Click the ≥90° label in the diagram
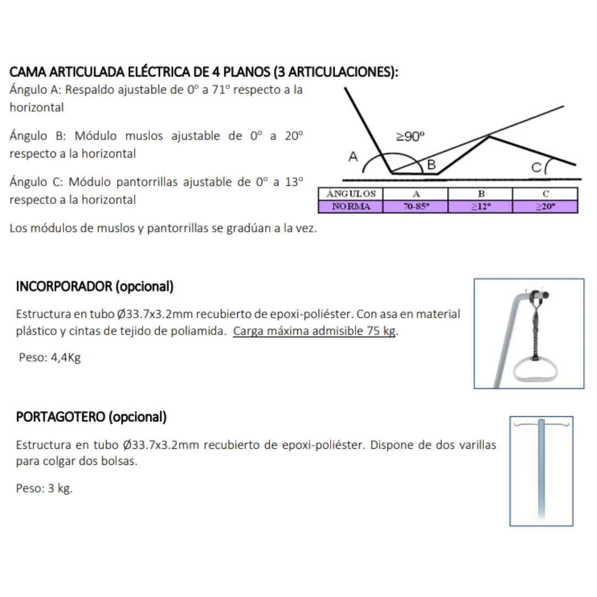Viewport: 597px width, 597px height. click(411, 137)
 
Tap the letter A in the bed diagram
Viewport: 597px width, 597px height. click(353, 157)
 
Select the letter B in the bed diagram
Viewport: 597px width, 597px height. click(432, 165)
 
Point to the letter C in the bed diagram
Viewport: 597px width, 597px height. click(536, 167)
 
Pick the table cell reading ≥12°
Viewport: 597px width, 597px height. click(480, 207)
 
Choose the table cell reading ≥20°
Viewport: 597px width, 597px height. click(544, 207)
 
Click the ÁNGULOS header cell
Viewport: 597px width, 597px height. click(350, 194)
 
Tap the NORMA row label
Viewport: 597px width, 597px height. click(350, 207)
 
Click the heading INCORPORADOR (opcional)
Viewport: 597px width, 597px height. click(95, 287)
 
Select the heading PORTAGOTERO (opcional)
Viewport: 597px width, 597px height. click(91, 417)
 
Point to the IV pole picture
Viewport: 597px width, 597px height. click(541, 471)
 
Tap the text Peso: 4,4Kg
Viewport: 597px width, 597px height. click(50, 357)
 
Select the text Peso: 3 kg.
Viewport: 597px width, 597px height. click(44, 489)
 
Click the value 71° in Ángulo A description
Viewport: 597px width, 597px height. click(220, 90)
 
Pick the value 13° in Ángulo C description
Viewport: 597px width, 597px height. click(294, 182)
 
